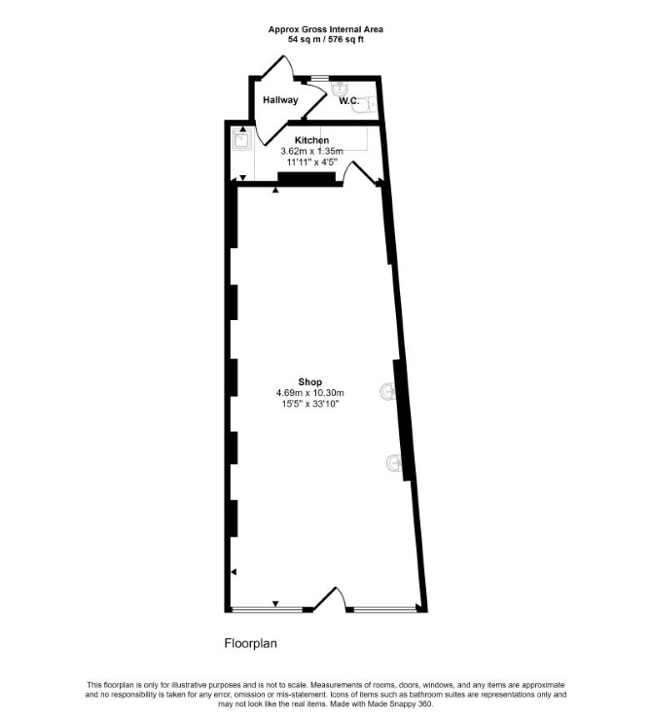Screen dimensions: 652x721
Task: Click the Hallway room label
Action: pos(280,100)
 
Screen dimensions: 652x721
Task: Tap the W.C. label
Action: pos(349,100)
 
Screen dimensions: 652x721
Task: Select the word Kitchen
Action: pos(311,140)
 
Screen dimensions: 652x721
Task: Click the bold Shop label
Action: pos(309,381)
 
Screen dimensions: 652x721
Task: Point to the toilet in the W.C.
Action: pos(367,105)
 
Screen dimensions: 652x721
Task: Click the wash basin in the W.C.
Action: pos(340,88)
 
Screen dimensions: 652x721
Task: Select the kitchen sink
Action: pos(241,139)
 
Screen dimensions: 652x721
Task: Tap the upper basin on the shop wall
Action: pos(387,391)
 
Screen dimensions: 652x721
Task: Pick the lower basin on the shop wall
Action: pos(394,462)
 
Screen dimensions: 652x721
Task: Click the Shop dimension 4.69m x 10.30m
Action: pos(309,393)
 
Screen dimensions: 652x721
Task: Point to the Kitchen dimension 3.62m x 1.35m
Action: pos(311,151)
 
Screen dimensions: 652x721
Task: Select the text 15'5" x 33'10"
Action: pos(309,404)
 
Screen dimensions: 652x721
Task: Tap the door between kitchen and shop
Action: pos(362,173)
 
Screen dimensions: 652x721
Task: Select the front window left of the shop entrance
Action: pos(267,610)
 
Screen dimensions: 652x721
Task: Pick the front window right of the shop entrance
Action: pos(384,610)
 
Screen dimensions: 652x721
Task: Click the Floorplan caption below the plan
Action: pos(251,643)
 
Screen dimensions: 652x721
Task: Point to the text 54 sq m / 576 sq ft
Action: pos(326,40)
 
